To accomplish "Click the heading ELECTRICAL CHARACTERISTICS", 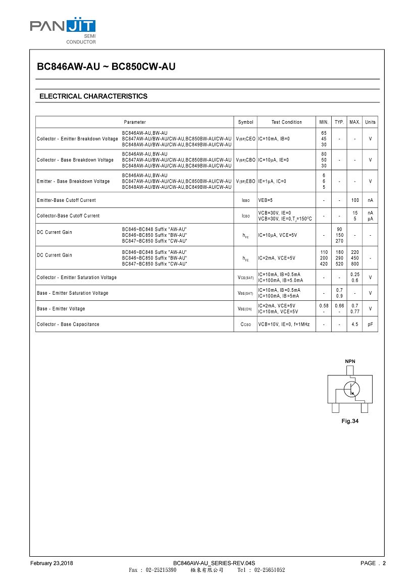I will pyautogui.click(x=93, y=96).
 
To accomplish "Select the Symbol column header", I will pyautogui.click(x=246, y=122).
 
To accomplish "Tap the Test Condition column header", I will pyautogui.click(x=286, y=122).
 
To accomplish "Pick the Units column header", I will pyautogui.click(x=371, y=122).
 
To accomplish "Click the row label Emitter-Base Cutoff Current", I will pyautogui.click(x=66, y=200).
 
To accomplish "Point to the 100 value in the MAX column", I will pyautogui.click(x=355, y=200).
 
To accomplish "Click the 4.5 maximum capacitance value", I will pyautogui.click(x=355, y=325).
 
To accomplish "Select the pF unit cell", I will pyautogui.click(x=371, y=325).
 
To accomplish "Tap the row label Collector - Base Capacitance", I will pyautogui.click(x=68, y=325).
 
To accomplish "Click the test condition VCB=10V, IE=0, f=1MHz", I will pyautogui.click(x=284, y=325).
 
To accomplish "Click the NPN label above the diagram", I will pyautogui.click(x=350, y=361).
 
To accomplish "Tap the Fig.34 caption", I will pyautogui.click(x=350, y=421).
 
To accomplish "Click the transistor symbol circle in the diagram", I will pyautogui.click(x=351, y=389).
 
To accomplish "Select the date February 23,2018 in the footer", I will pyautogui.click(x=51, y=563).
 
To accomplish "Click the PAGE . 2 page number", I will pyautogui.click(x=373, y=563).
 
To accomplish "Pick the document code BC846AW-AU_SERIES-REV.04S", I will pyautogui.click(x=214, y=563).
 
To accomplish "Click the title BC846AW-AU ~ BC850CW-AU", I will pyautogui.click(x=107, y=66).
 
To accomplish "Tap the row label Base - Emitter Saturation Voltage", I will pyautogui.click(x=73, y=293).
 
